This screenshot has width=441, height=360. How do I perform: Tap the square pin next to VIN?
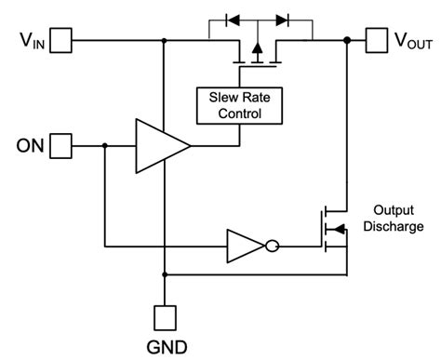(60, 40)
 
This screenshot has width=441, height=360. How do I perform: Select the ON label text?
(27, 145)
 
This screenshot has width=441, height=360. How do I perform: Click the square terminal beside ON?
(60, 145)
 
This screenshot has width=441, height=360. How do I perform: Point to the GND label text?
(166, 347)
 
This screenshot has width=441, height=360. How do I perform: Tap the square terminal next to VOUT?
(376, 40)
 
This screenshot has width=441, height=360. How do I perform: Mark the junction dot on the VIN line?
(165, 40)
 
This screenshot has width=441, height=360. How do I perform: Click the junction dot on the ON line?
(104, 145)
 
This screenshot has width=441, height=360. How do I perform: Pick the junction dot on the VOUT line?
(347, 40)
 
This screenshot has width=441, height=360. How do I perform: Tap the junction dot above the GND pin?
(165, 274)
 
